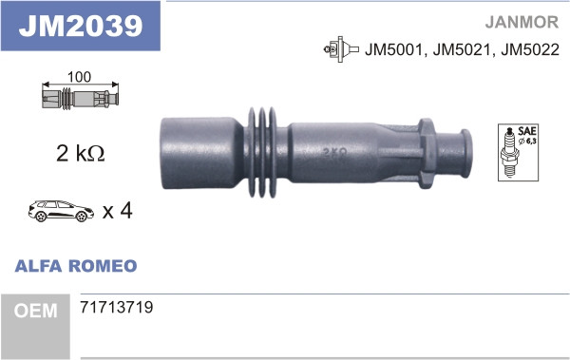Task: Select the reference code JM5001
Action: click(392, 49)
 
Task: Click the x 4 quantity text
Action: click(116, 210)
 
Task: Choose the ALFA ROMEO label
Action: click(76, 266)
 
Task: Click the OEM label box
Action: click(35, 311)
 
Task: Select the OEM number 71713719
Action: click(118, 309)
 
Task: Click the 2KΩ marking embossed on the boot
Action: click(332, 151)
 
